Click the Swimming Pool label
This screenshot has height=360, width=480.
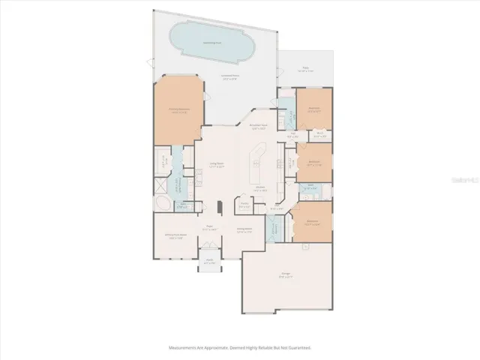coord(210,43)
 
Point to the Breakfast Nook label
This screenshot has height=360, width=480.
coord(259,128)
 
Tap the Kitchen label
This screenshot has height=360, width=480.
coord(261,190)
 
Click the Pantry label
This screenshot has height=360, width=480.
coord(244,205)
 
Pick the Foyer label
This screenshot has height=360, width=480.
coord(211,229)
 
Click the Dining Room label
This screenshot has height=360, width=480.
coord(244,230)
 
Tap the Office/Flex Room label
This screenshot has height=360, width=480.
coord(175,237)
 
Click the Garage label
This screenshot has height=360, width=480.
coord(286,277)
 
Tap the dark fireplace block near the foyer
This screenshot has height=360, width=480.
coord(219,208)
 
